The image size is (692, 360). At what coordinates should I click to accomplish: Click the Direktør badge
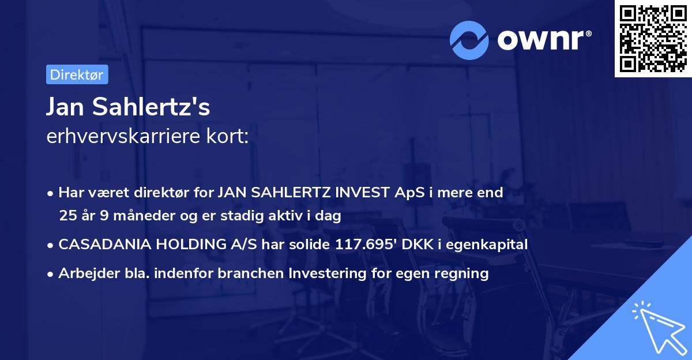[x=77, y=74]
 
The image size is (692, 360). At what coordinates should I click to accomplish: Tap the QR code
[x=652, y=39]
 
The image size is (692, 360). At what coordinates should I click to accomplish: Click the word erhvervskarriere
[x=121, y=136]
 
